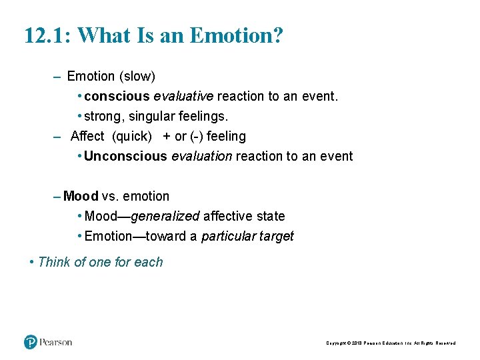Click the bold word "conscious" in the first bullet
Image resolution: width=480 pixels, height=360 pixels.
tap(117, 96)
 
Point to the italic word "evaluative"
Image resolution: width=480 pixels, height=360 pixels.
tap(184, 96)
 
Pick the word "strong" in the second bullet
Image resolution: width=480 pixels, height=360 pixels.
tap(103, 116)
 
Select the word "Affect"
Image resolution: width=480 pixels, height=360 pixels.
tap(87, 136)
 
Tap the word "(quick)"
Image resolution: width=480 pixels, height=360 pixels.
tap(132, 136)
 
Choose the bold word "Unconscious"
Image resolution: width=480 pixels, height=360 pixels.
tap(126, 156)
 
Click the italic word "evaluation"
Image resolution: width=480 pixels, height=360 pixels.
tap(202, 156)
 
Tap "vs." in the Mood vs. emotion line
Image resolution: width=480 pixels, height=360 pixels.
tap(109, 196)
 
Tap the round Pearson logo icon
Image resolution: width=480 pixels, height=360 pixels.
tap(31, 342)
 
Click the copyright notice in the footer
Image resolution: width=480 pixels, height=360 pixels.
tap(391, 343)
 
